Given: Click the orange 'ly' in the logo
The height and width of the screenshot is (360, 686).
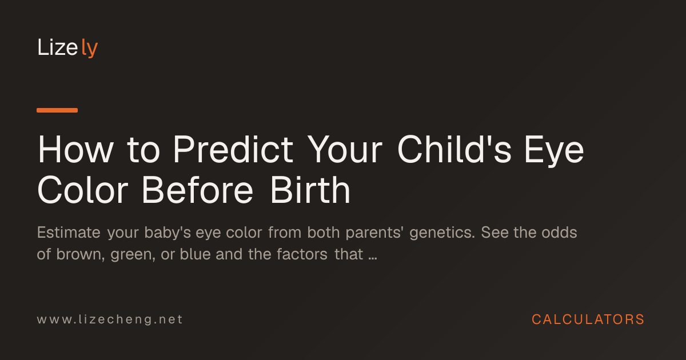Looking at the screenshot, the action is point(89,48).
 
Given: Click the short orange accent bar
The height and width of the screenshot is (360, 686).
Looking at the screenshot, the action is point(57,110).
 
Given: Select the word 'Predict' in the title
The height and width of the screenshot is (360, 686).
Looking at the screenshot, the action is point(233,149).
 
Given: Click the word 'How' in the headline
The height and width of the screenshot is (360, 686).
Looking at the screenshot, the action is point(75,149).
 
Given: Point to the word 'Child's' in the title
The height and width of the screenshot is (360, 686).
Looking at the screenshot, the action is point(454,149).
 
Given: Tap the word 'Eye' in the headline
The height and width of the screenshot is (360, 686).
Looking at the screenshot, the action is point(554,152).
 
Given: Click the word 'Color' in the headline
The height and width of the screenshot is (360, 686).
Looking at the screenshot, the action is point(83,190).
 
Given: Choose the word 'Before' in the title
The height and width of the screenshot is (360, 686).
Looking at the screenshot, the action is point(198,190).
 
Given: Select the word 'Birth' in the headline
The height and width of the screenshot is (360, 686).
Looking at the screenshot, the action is point(310,190).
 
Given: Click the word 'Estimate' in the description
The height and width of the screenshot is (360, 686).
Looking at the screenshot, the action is point(69,233).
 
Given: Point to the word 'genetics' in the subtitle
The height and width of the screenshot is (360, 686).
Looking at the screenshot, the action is point(441,234).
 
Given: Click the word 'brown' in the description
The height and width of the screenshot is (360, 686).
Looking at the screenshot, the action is point(79,254).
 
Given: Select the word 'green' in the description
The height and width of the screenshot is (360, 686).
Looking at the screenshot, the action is point(131,255).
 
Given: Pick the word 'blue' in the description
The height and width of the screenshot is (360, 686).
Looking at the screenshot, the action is point(195,254).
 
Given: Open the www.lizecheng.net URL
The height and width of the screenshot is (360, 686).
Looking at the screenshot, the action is point(110,319).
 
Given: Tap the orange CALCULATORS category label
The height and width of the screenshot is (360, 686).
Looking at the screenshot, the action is point(588,319).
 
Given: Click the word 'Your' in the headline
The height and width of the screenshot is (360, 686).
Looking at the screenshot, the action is point(345,149).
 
